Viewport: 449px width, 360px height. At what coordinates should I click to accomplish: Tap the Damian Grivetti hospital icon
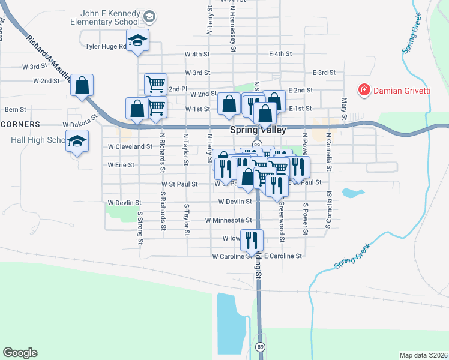click(364, 91)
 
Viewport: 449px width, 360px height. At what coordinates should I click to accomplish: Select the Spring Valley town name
click(258, 130)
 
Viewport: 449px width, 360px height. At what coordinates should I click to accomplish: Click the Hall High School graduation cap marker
click(77, 142)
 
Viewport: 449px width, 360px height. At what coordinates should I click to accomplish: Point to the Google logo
click(20, 353)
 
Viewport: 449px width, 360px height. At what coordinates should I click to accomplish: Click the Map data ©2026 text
click(423, 355)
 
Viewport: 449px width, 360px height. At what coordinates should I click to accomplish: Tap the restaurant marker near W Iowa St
click(252, 240)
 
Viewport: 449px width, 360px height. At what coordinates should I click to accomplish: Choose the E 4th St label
click(280, 54)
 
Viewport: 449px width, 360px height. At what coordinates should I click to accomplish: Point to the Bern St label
click(16, 110)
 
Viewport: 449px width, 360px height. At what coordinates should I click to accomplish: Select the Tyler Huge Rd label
click(106, 46)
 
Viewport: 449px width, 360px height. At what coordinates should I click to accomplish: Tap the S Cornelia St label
click(329, 209)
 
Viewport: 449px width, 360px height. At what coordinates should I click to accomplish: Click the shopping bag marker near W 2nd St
click(82, 85)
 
